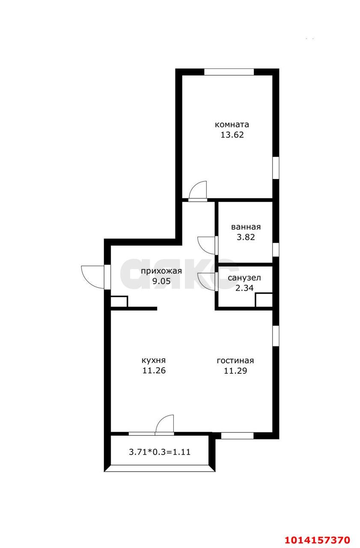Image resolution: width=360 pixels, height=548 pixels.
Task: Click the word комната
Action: [x=232, y=125]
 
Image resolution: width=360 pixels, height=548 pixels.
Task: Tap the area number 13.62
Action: [x=232, y=135]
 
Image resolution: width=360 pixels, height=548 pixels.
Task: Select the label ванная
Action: [x=246, y=227]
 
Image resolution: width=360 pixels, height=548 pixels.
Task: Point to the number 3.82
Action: [x=246, y=237]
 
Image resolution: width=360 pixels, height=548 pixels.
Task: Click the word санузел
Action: [x=244, y=278]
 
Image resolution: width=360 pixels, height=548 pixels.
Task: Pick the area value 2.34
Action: [x=244, y=288]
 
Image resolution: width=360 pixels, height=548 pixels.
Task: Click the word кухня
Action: [x=154, y=360]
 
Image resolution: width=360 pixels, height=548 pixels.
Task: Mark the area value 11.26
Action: [x=154, y=370]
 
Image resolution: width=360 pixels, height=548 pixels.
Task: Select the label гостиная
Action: [x=235, y=360]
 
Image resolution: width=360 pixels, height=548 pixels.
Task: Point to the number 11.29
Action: [x=235, y=370]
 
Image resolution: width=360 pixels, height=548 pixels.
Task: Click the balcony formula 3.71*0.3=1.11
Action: [x=162, y=451]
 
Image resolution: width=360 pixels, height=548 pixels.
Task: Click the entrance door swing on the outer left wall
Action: [x=92, y=277]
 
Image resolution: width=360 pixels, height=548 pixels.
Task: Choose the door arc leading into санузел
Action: [x=208, y=282]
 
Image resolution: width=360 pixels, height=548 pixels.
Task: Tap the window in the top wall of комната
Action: [x=229, y=72]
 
